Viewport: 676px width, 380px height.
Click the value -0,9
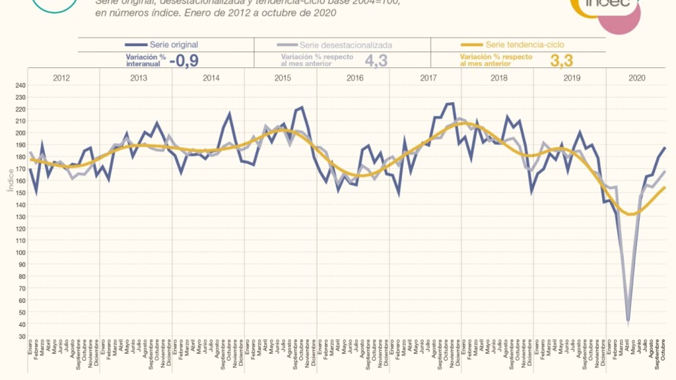185,60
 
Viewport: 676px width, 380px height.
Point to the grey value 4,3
376,60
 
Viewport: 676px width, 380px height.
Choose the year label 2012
61,78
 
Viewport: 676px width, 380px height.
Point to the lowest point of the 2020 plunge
628,321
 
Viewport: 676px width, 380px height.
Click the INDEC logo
605,8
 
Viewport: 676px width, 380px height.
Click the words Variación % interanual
144,60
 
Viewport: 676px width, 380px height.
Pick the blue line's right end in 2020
665,148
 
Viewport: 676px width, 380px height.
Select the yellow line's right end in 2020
665,187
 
